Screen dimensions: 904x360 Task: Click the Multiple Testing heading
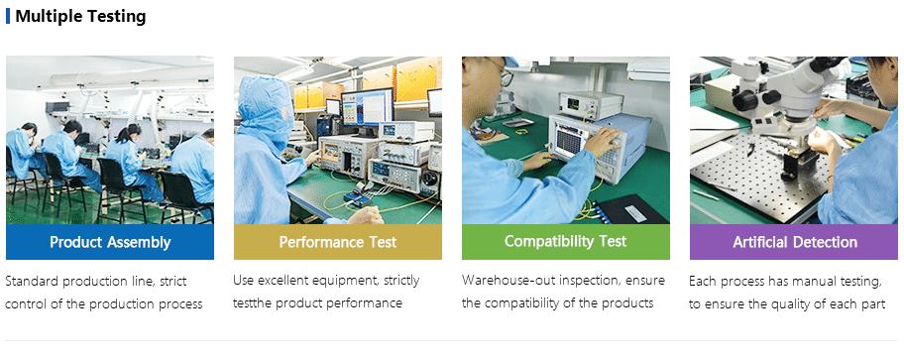tap(80, 16)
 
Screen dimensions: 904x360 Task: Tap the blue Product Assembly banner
tap(110, 242)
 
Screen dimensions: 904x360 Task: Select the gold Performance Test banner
tap(338, 242)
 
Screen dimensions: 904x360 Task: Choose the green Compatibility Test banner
tap(566, 242)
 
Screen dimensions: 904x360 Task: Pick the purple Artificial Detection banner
tap(794, 242)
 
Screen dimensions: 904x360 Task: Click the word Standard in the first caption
tap(32, 282)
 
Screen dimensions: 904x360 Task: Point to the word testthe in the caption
tap(253, 303)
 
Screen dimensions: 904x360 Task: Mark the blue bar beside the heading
tap(8, 16)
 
